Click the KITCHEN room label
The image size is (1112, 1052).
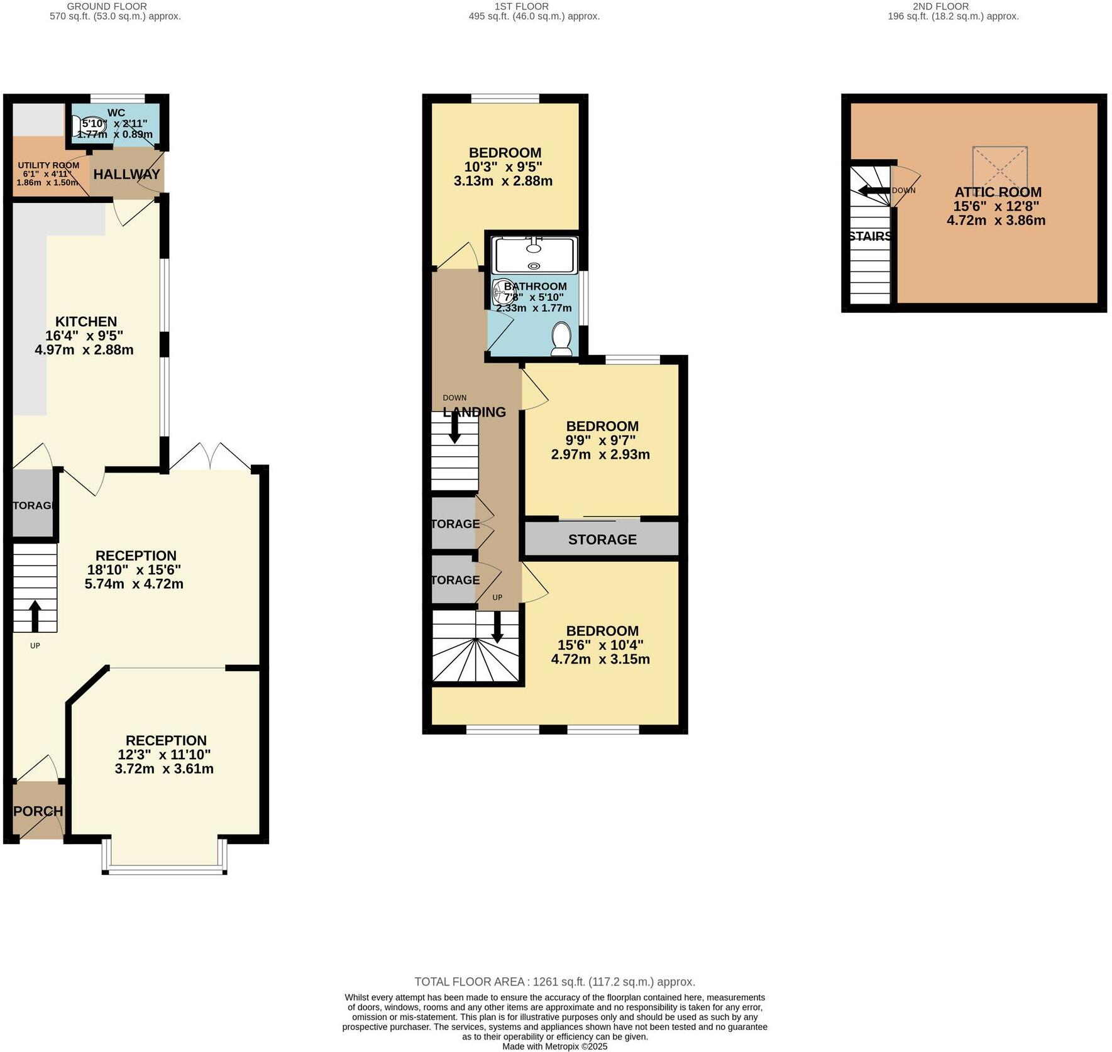coord(85,321)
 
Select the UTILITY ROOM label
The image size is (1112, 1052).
coord(48,165)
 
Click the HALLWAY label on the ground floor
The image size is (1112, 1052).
coord(126,174)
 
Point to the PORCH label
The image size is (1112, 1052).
coord(38,811)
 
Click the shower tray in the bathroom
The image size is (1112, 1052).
coord(534,254)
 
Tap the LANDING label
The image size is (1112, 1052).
coord(475,412)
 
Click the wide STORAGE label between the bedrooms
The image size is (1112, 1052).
coord(602,539)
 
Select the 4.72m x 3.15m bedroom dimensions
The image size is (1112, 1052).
coord(600,659)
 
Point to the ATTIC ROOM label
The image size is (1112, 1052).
coord(998,192)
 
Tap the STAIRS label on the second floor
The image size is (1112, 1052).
coord(869,236)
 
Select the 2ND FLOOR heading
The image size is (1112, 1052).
coord(940,6)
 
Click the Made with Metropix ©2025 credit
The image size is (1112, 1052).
coord(554,1046)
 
